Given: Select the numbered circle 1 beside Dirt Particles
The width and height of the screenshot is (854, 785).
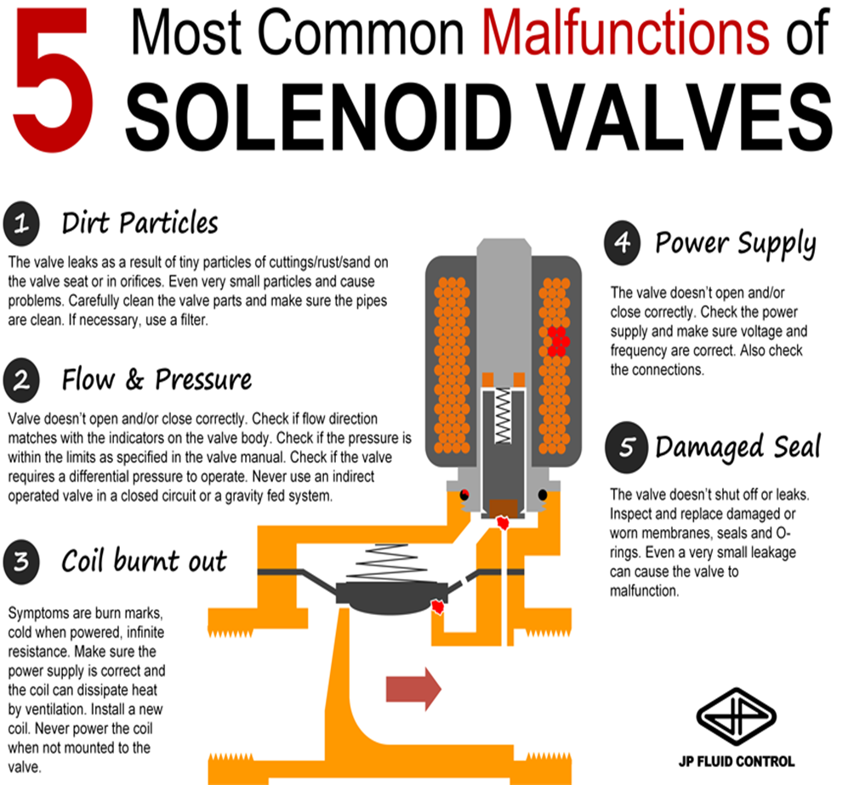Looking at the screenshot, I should [x=22, y=225].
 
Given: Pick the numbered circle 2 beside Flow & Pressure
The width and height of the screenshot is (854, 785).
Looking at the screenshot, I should [x=22, y=380].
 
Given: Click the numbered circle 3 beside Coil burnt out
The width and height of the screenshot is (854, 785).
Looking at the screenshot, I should [x=22, y=561].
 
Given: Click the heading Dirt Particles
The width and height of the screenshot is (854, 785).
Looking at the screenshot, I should [x=139, y=224].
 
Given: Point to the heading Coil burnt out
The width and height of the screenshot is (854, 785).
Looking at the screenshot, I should [x=144, y=561].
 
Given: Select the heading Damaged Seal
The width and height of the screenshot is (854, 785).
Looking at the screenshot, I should [x=737, y=447].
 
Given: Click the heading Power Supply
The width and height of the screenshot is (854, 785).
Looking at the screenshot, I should [x=735, y=244].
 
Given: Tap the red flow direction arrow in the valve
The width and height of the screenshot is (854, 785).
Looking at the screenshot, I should [x=413, y=686].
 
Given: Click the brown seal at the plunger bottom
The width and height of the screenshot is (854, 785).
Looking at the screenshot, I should [x=505, y=508].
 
